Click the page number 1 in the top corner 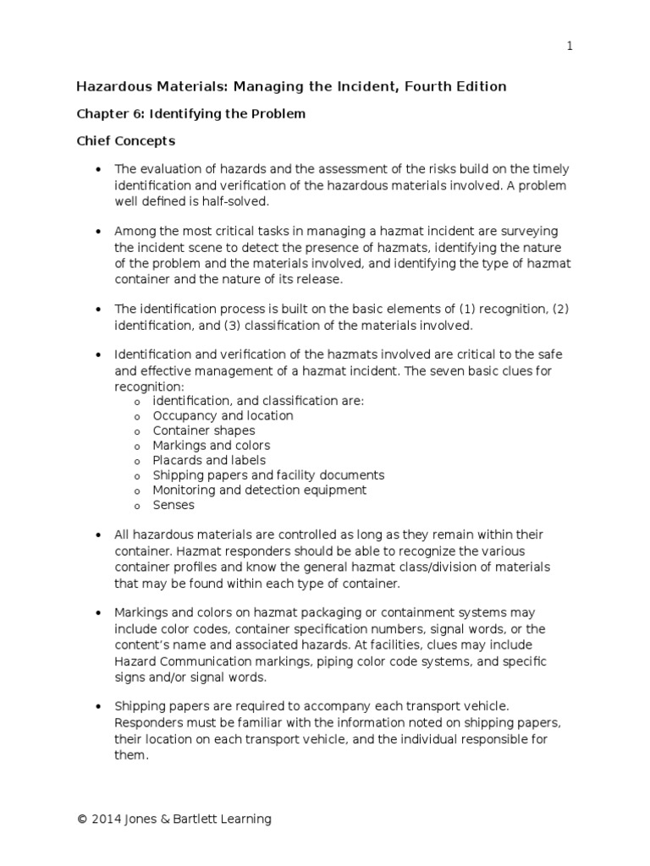[570, 47]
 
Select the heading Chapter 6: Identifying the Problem [190, 113]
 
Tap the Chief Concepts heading [126, 140]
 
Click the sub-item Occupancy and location [223, 415]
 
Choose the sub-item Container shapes [203, 430]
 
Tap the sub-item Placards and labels [208, 460]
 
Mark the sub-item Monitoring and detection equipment [259, 490]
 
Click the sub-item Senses [173, 505]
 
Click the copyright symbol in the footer [82, 819]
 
